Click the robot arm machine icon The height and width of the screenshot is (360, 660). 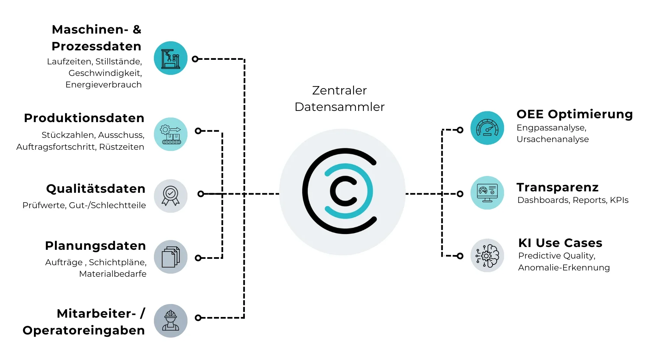pos(170,58)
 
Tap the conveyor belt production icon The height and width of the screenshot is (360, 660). pos(170,134)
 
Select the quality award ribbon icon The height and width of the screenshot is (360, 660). pos(170,196)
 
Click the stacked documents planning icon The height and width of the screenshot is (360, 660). pos(170,257)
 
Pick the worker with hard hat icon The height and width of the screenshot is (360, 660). pos(170,320)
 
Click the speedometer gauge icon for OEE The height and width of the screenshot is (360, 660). pos(487,128)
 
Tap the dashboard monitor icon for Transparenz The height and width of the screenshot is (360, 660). pos(487,193)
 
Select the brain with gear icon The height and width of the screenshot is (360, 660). pos(487,255)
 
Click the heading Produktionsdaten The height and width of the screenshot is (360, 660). pos(84,118)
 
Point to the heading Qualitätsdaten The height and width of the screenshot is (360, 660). pos(96,189)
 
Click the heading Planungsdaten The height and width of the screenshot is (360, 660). pos(95,246)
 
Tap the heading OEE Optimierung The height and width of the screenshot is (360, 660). pos(574,114)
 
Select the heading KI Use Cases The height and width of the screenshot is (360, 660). pos(560,243)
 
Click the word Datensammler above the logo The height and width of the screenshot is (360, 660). pos(339,107)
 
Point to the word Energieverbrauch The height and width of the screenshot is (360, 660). pos(104,85)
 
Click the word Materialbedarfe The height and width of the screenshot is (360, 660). pos(113,274)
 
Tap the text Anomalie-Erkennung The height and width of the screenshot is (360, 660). pos(564,268)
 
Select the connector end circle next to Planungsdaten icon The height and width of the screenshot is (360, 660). pos(198,258)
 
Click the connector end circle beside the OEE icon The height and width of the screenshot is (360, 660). pos(460,130)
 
